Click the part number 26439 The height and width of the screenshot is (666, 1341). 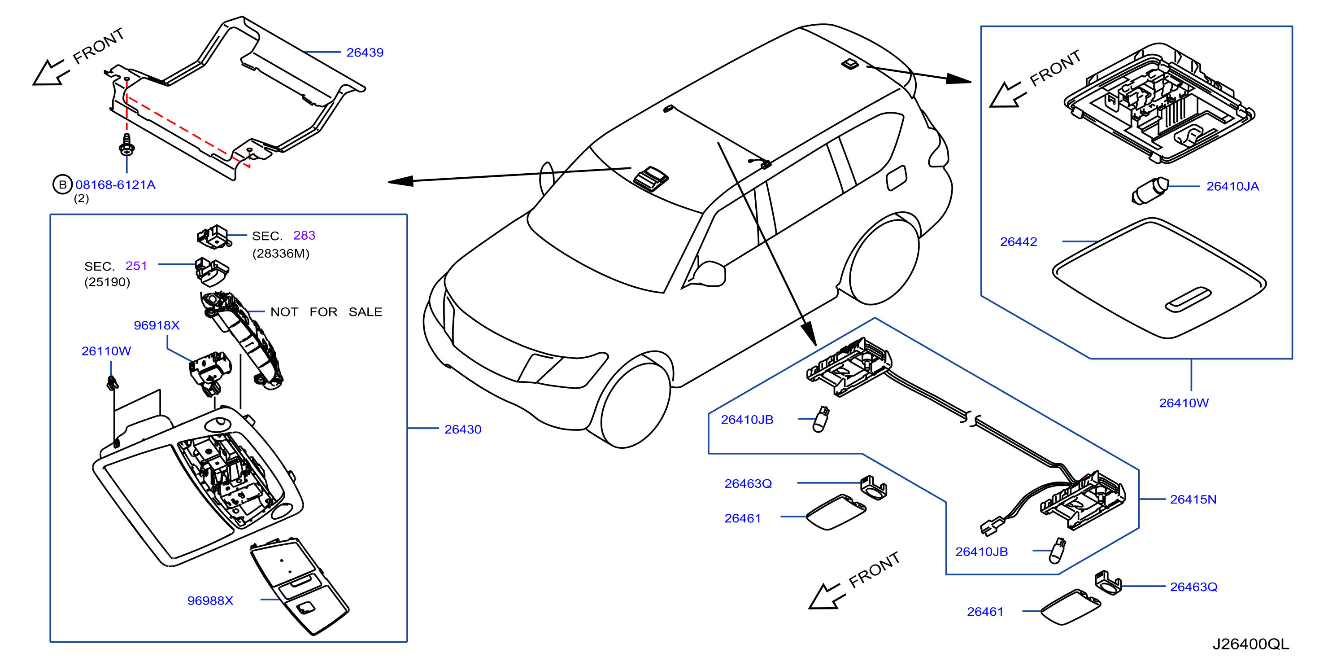tap(365, 53)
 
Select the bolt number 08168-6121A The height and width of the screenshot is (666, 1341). tap(116, 185)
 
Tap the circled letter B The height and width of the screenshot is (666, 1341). tap(62, 184)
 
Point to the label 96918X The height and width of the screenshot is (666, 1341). tap(157, 325)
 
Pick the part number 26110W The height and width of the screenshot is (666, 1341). tap(106, 351)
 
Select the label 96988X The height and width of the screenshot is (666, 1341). tap(210, 601)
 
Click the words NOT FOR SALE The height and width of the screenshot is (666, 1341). tap(327, 312)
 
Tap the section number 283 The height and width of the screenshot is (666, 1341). tap(305, 235)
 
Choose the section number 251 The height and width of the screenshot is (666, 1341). tap(136, 266)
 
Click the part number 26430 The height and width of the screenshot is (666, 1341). tap(463, 429)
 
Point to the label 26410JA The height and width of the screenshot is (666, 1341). tap(1233, 186)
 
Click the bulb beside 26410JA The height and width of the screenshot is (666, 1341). tap(1150, 191)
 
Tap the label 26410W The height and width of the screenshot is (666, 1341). tap(1184, 403)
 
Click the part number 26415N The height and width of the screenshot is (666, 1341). tap(1193, 499)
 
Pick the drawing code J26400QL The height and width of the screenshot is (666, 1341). tap(1251, 644)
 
